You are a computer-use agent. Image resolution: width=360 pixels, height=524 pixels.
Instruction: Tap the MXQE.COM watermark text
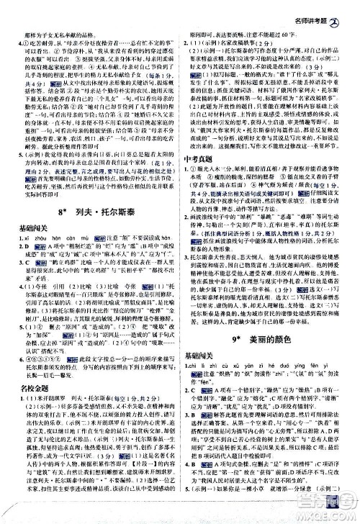330,515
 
